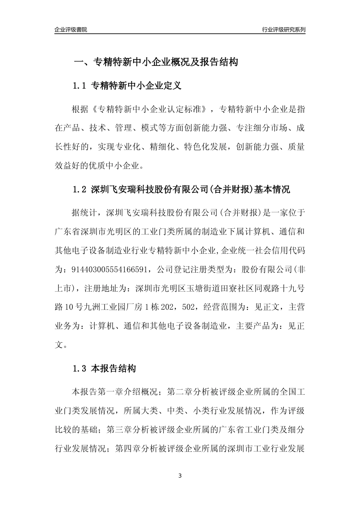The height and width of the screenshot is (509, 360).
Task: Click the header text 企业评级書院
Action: (71, 30)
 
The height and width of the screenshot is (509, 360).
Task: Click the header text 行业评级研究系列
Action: (283, 30)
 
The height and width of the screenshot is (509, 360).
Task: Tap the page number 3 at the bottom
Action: (180, 476)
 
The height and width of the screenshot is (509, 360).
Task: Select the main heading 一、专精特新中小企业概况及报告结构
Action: (155, 62)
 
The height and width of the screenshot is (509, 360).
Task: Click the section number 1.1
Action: (80, 86)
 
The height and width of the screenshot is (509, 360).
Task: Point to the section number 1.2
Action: (80, 189)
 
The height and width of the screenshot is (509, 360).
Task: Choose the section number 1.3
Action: (80, 368)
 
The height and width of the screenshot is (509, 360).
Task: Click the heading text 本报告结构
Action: (113, 368)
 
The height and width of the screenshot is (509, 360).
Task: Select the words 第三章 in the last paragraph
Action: (119, 430)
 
